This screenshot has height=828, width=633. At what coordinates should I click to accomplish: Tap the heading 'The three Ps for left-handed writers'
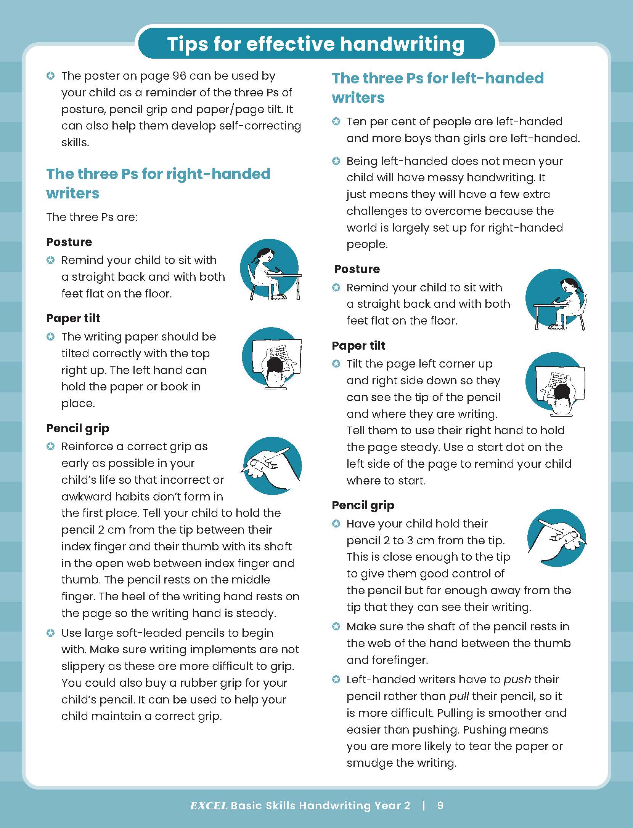click(437, 88)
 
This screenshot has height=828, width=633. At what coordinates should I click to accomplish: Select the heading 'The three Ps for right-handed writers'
click(158, 183)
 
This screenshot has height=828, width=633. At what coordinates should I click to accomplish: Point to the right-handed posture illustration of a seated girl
click(270, 269)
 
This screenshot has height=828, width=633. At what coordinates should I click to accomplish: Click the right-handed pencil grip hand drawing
click(272, 466)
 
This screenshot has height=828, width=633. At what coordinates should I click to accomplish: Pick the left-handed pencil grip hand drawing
click(556, 537)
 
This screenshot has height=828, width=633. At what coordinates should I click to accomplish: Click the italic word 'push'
click(517, 679)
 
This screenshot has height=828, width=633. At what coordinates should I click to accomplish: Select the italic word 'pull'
click(459, 696)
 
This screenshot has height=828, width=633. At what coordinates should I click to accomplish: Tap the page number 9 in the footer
click(440, 805)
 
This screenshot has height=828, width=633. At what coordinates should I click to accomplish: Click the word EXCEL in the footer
click(209, 805)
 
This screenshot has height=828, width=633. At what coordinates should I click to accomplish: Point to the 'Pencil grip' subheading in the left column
click(78, 428)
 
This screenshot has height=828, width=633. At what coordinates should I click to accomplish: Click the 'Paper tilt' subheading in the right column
click(358, 345)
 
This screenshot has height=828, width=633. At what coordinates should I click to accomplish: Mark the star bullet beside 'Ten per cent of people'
click(336, 121)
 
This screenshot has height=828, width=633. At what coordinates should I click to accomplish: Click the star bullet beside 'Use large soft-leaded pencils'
click(50, 633)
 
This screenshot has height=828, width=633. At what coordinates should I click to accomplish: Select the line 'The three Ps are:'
click(92, 217)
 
